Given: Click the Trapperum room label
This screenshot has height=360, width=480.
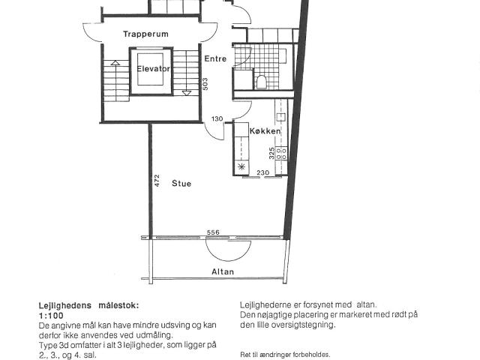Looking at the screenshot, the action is [145, 34].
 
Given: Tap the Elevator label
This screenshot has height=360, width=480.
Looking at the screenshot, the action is [153, 68].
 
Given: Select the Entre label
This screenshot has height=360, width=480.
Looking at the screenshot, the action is [215, 58].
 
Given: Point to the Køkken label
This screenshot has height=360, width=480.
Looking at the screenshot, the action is [265, 131].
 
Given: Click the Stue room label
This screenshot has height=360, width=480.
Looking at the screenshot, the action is [181, 183].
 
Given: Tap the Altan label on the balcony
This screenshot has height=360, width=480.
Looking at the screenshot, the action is [223, 271].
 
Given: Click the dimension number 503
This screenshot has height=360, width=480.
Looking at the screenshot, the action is [205, 84].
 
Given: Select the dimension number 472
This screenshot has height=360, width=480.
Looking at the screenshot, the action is [157, 181].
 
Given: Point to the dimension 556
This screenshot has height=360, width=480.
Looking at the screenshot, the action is [213, 232].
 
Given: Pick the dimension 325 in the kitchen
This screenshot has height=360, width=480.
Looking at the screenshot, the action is [271, 153].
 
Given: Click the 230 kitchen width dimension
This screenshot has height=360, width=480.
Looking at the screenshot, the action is [263, 172].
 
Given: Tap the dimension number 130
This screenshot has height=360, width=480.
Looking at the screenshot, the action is [217, 118].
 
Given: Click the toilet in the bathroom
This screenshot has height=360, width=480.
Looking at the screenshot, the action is [261, 82].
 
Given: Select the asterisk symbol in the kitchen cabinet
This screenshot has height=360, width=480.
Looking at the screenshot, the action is [241, 166].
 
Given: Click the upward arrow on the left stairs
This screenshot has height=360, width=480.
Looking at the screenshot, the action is [115, 63].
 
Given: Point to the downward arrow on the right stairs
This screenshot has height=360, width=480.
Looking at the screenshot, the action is [186, 93].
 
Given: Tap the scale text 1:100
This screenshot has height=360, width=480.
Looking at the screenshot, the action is [51, 315].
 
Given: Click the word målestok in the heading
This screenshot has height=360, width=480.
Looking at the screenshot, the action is [118, 305].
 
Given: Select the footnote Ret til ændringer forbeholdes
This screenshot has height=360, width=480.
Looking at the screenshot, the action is [285, 355].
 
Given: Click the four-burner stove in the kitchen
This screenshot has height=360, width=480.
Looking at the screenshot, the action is [281, 153].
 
